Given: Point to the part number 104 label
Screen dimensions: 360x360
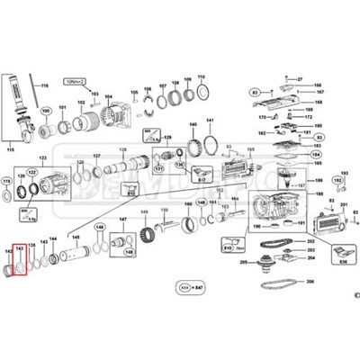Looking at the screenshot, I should coord(108,96).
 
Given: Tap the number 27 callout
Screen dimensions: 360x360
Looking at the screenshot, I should coord(301,80).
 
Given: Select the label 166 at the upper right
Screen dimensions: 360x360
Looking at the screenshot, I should coord(317,86).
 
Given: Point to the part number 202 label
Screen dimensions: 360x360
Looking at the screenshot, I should coord(311,242).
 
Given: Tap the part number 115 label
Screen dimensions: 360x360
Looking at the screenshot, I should coord(12,148).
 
